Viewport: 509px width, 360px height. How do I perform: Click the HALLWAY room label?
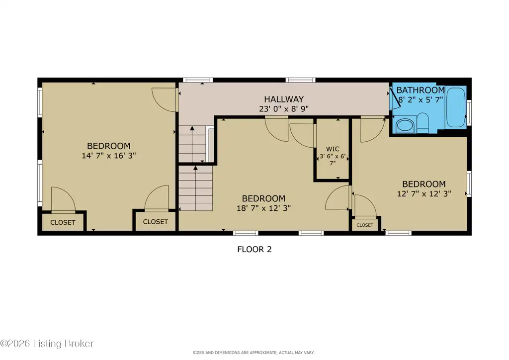(284, 99)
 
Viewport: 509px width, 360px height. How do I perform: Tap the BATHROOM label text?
(421, 90)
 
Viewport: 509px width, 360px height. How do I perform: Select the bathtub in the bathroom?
(456, 107)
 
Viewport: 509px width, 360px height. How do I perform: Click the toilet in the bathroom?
(423, 122)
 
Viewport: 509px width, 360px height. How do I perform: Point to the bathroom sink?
(405, 126)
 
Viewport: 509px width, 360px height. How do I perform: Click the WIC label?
(333, 149)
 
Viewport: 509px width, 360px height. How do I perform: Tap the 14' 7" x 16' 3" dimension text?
(109, 156)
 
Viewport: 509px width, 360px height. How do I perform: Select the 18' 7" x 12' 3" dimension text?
(263, 208)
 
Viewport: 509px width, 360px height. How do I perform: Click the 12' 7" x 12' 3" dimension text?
(424, 194)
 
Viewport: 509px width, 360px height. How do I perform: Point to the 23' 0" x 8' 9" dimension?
(284, 109)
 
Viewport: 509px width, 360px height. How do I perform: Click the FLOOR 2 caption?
(254, 249)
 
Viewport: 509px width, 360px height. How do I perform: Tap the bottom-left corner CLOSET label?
(63, 222)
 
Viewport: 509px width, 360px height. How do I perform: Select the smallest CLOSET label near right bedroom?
(365, 225)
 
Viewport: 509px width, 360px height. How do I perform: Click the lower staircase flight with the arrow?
(195, 188)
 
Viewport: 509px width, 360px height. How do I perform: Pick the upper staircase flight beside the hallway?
(192, 144)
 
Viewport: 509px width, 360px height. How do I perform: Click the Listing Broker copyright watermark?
(47, 344)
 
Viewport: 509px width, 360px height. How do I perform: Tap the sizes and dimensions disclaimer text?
(254, 353)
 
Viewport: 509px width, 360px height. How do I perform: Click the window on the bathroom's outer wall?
(469, 113)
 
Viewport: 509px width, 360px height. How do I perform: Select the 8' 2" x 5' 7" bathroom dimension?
(421, 99)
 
